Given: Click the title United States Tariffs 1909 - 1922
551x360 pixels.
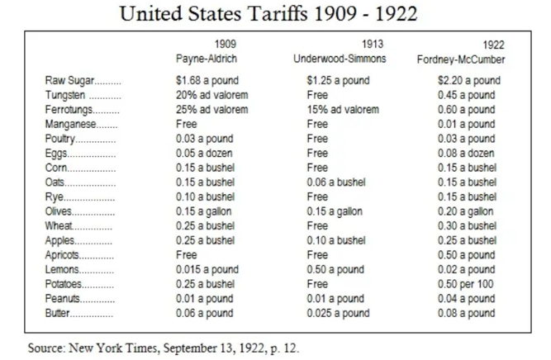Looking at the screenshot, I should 275,14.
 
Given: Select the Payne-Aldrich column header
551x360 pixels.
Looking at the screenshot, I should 205,59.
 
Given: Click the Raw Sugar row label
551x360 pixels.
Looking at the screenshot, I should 70,81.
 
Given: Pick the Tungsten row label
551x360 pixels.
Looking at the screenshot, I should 69,95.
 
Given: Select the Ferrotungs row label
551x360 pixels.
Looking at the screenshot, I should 71,110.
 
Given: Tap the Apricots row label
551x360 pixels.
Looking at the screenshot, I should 65,255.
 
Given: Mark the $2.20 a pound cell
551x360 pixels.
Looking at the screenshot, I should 469,81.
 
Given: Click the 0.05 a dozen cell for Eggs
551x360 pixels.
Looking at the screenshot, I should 205,154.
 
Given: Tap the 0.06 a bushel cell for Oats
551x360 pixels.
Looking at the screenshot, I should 335,182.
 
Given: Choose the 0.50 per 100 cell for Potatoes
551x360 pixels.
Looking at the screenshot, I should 466,284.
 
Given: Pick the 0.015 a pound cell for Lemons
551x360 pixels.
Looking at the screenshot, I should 207,269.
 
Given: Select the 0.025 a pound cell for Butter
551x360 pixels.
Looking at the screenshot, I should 337,313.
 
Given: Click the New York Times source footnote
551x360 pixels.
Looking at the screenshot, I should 163,348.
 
